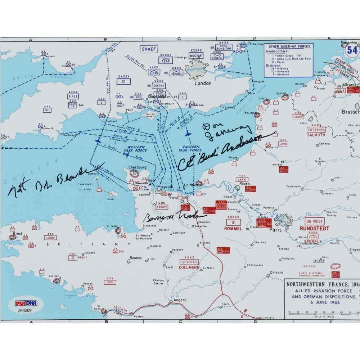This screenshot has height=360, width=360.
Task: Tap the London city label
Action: tap(203, 83)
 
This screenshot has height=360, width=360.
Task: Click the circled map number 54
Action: tap(352, 50)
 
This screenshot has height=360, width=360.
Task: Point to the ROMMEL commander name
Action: tap(233, 228)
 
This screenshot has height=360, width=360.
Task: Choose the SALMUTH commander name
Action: tap(316, 135)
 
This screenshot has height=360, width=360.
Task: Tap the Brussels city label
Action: tap(350, 112)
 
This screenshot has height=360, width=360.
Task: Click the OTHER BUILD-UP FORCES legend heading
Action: tap(288, 46)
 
